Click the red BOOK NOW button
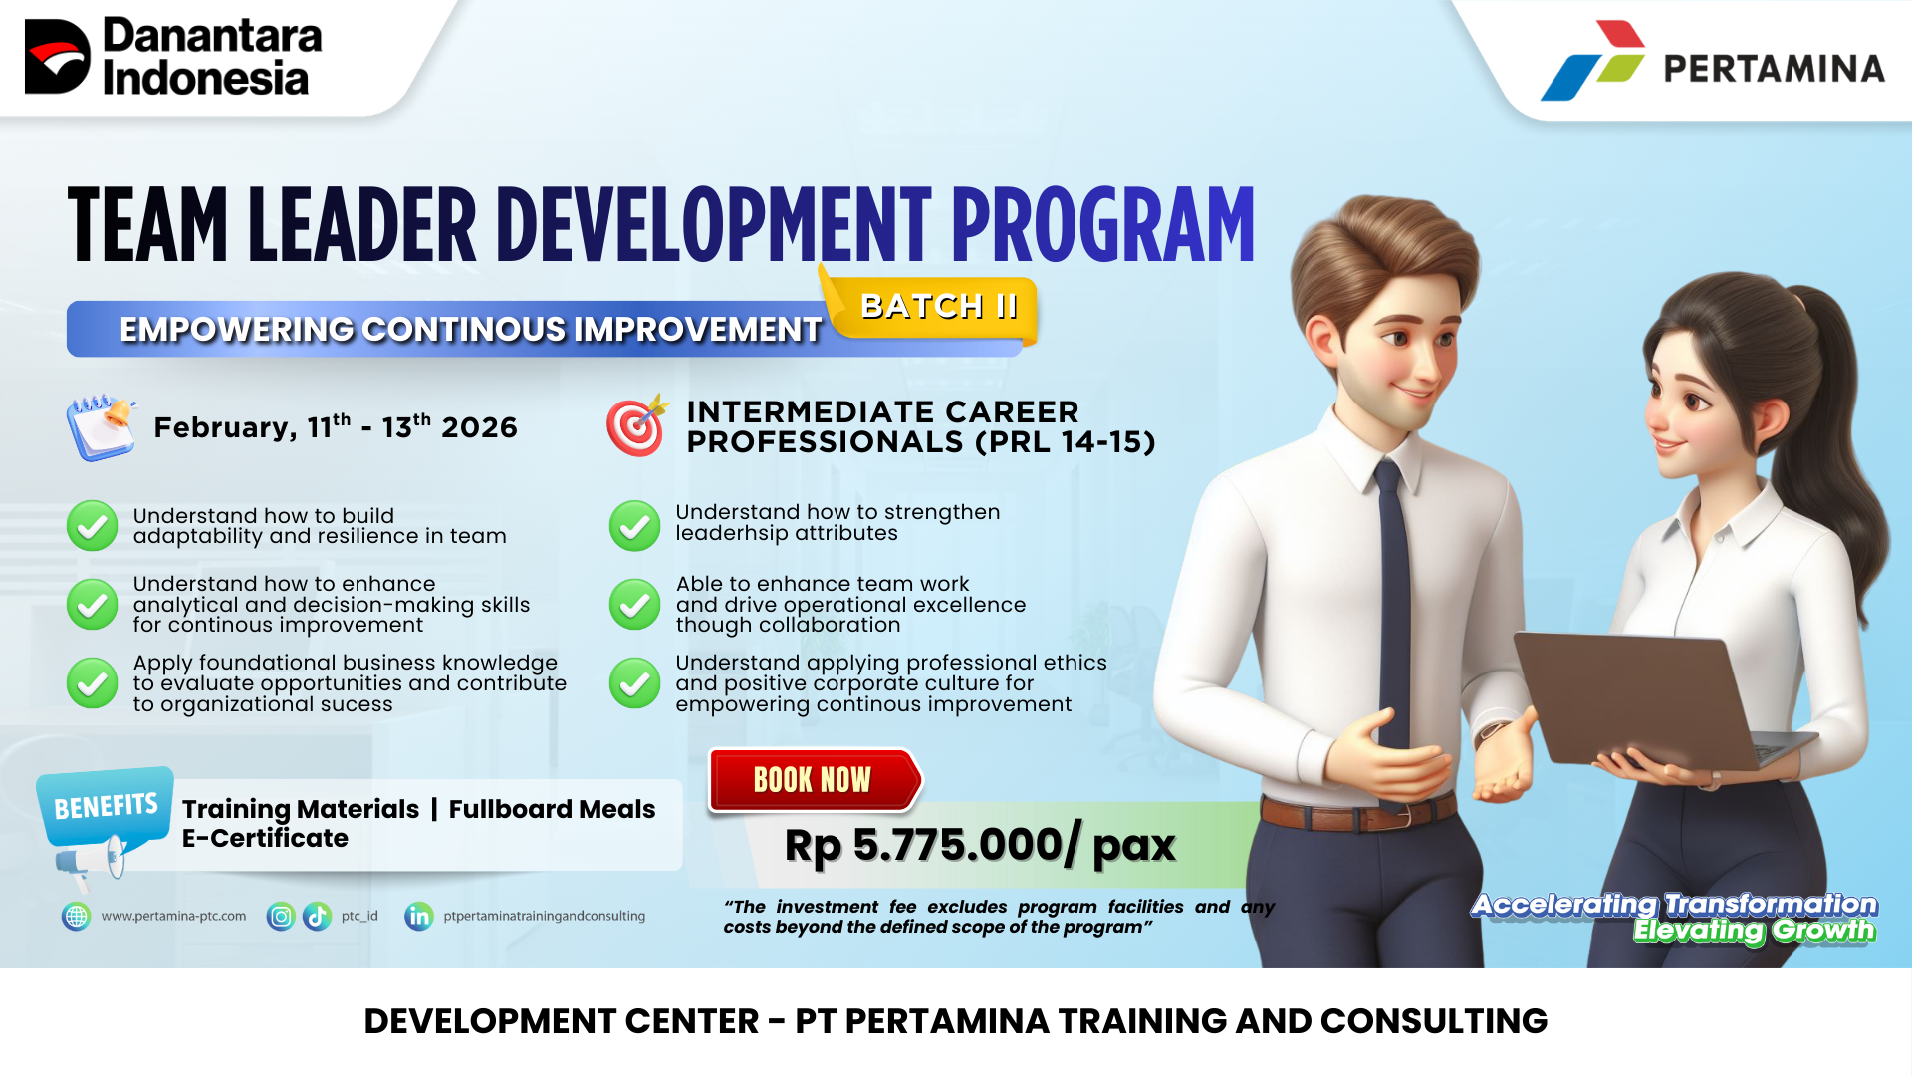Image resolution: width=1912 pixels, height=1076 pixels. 815,779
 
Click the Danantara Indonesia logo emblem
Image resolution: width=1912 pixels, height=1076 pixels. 57,57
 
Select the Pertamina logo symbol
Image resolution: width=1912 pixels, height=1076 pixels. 1593,60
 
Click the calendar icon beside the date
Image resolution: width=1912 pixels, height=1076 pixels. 102,427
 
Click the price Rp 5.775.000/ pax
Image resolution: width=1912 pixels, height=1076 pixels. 980,846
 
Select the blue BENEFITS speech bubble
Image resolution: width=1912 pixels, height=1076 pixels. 106,806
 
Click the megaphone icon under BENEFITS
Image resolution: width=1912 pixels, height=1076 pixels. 91,863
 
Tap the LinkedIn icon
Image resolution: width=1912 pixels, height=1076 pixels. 419,916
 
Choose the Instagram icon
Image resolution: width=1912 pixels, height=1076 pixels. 281,916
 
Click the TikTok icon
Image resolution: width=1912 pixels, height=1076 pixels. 317,916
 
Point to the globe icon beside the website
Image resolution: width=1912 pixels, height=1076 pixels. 76,916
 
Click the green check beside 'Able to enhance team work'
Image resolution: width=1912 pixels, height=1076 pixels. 634,604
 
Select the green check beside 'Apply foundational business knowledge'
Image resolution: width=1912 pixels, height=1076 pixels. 92,682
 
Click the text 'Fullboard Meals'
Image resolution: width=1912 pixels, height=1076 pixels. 552,809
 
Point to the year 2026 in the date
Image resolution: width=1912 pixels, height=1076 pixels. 479,427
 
